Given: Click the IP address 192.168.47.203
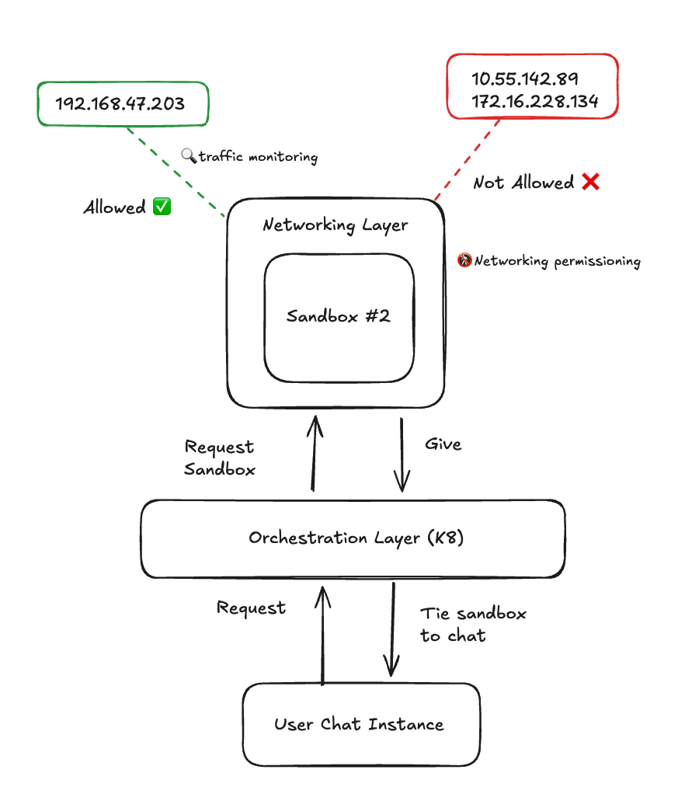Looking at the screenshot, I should (x=120, y=103).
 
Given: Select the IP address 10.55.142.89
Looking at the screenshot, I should (x=525, y=79).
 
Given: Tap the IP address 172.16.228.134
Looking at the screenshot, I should (x=534, y=102).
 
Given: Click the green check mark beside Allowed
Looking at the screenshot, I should (x=162, y=207).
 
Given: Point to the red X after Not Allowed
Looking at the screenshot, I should (x=590, y=182).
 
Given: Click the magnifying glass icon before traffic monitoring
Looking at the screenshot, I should (x=188, y=155).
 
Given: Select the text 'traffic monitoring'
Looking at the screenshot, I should (x=258, y=157).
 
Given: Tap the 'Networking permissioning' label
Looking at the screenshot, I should (x=557, y=261).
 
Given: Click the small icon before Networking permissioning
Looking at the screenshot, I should (x=464, y=260).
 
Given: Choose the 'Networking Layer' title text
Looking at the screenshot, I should (x=335, y=225).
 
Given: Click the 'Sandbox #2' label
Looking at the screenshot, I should (x=338, y=316).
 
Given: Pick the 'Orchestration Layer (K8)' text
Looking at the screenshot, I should (x=356, y=538).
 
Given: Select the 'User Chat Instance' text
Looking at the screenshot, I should (x=359, y=724).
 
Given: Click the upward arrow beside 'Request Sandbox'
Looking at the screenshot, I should (x=314, y=454).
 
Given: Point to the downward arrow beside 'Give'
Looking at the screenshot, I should (x=402, y=455).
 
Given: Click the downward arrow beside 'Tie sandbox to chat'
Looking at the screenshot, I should (x=392, y=629).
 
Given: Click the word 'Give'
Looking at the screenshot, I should (x=443, y=444).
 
